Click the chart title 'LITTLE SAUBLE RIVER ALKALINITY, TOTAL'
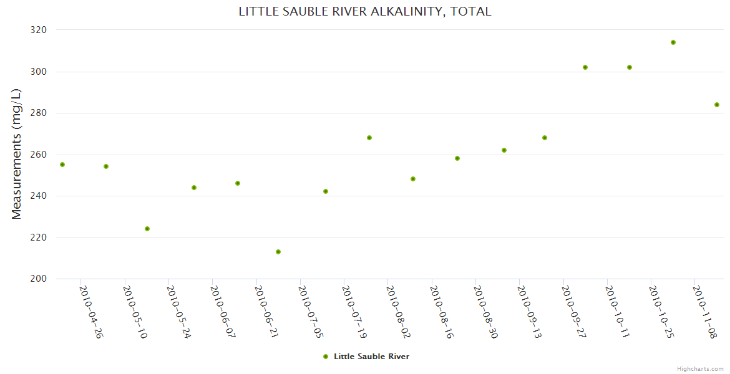[x=365, y=11]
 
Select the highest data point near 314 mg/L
[x=673, y=42]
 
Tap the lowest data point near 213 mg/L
[x=278, y=252]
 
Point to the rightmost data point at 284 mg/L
[x=717, y=105]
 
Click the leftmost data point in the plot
[x=62, y=165]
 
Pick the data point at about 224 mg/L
[x=147, y=229]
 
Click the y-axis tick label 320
[x=39, y=30]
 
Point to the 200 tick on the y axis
[x=39, y=279]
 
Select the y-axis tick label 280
[x=39, y=113]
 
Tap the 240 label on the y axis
[x=39, y=196]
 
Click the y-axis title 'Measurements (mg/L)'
[x=17, y=154]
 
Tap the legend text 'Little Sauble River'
[x=371, y=357]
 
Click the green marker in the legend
[x=325, y=357]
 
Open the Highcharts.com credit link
[x=700, y=368]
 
